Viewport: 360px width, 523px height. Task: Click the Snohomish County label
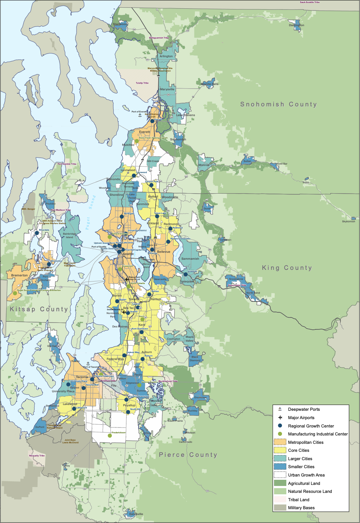(x=278, y=104)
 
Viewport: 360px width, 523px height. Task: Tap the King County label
(x=287, y=268)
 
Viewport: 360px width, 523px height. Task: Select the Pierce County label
(x=188, y=455)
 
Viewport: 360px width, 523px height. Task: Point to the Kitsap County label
(x=39, y=309)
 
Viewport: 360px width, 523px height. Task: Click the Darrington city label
(x=296, y=25)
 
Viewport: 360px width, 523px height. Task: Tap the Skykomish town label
(x=348, y=221)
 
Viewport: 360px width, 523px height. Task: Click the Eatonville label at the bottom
(x=136, y=514)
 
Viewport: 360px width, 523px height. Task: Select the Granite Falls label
(x=210, y=84)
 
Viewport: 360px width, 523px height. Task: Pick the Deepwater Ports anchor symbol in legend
(x=280, y=409)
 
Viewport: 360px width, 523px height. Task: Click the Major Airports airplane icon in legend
(x=280, y=417)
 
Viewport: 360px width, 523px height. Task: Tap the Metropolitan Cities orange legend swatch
(x=280, y=442)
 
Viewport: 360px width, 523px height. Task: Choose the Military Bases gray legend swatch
(x=280, y=507)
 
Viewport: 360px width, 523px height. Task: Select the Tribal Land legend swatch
(x=280, y=499)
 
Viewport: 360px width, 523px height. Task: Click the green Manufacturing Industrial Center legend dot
(x=280, y=434)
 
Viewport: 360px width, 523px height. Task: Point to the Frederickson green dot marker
(x=110, y=435)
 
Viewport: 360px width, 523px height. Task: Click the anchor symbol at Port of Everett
(x=140, y=115)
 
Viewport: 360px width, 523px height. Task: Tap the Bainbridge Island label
(x=69, y=235)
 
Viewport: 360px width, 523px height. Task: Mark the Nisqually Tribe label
(x=37, y=455)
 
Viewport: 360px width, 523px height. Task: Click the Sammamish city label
(x=190, y=259)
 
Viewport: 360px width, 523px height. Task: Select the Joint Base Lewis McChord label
(x=70, y=441)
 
